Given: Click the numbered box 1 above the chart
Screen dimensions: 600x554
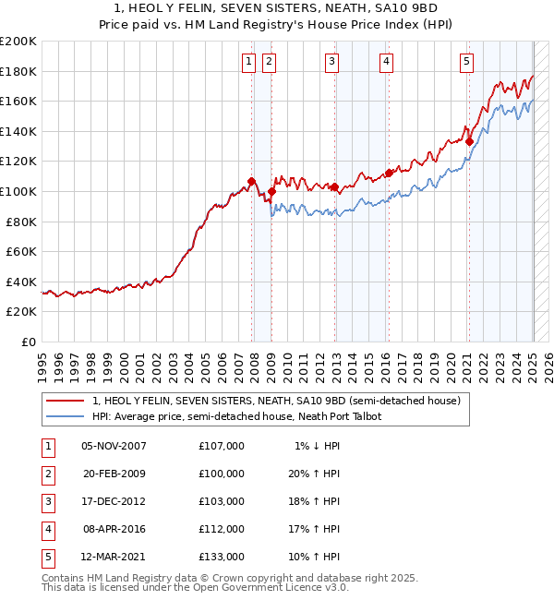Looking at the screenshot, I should [x=249, y=62].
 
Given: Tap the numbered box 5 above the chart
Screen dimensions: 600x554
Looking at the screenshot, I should [x=466, y=62].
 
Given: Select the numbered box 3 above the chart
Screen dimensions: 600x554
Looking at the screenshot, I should [x=331, y=62].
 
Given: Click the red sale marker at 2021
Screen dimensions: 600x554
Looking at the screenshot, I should [x=469, y=142].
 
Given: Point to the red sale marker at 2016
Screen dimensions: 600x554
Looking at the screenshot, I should [x=389, y=173].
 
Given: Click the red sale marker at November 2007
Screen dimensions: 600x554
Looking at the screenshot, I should [x=251, y=181].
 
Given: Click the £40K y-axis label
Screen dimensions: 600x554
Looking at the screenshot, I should [x=21, y=282].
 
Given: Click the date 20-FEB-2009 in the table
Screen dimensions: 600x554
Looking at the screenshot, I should [x=114, y=474].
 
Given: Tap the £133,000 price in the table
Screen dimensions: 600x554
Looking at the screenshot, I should [x=221, y=557].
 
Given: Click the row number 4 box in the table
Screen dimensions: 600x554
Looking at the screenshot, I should [x=47, y=529].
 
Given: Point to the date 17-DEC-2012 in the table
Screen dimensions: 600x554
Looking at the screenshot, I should [x=114, y=501].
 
